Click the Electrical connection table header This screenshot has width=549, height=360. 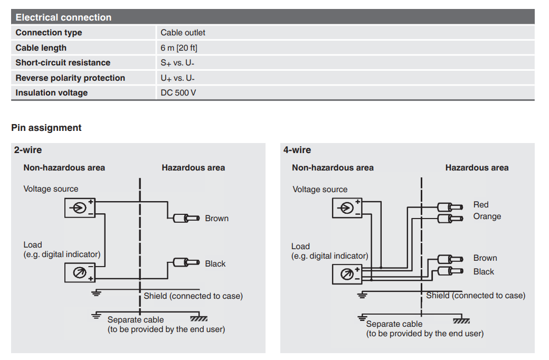coord(63,17)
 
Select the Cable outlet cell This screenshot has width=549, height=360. coord(183,33)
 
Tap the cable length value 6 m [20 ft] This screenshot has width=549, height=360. coord(179,48)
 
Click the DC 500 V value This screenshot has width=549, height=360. coord(178,93)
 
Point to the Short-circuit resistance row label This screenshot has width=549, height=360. coord(63,63)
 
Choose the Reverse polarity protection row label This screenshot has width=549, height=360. coord(70,78)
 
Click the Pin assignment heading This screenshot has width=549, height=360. coord(46,128)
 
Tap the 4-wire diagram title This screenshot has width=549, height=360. coord(297,150)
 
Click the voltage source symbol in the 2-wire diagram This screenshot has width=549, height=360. coord(80,207)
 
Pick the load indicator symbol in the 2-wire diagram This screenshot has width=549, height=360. coord(80,272)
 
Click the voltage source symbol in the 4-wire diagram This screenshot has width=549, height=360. coord(347,208)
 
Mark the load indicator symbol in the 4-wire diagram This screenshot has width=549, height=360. coord(347,274)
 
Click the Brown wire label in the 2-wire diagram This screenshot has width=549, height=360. coord(216,219)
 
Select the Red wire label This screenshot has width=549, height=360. coord(481,205)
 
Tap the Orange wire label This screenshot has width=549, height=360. coord(487,216)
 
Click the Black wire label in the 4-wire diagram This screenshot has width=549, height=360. coord(484,272)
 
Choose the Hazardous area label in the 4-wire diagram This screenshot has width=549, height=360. coord(477,168)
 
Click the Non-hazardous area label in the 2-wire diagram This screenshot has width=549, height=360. coord(64,168)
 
